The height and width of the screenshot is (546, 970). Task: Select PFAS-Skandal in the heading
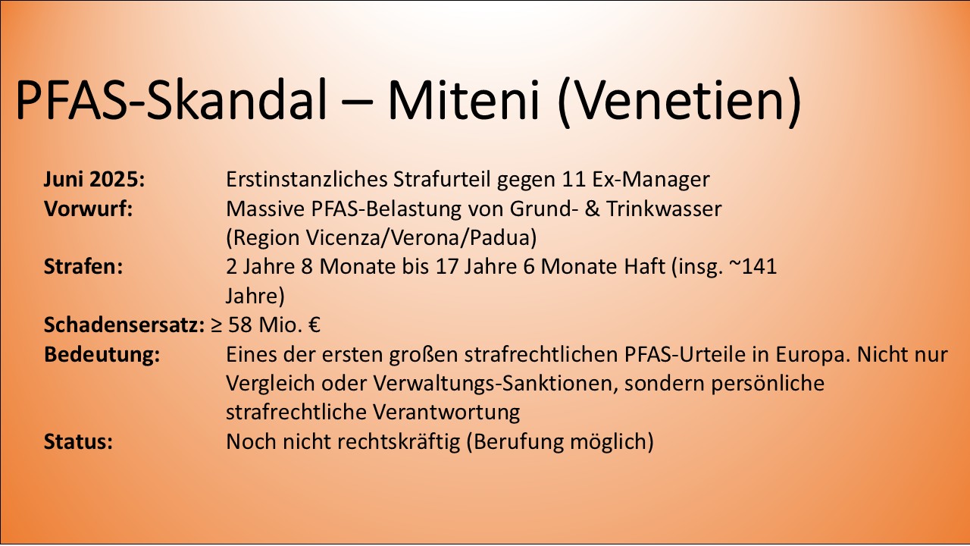point(171,100)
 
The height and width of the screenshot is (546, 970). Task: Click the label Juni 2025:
point(95,180)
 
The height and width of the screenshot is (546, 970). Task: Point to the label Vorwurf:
point(89,209)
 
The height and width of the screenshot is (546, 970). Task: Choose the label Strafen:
point(84,267)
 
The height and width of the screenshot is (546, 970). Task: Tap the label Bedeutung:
point(102,355)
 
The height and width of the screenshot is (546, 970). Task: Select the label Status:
point(79,441)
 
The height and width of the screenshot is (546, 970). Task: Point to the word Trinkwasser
point(669,209)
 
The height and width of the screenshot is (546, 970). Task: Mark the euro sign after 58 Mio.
point(314,326)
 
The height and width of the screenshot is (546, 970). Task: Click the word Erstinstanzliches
point(307,180)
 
